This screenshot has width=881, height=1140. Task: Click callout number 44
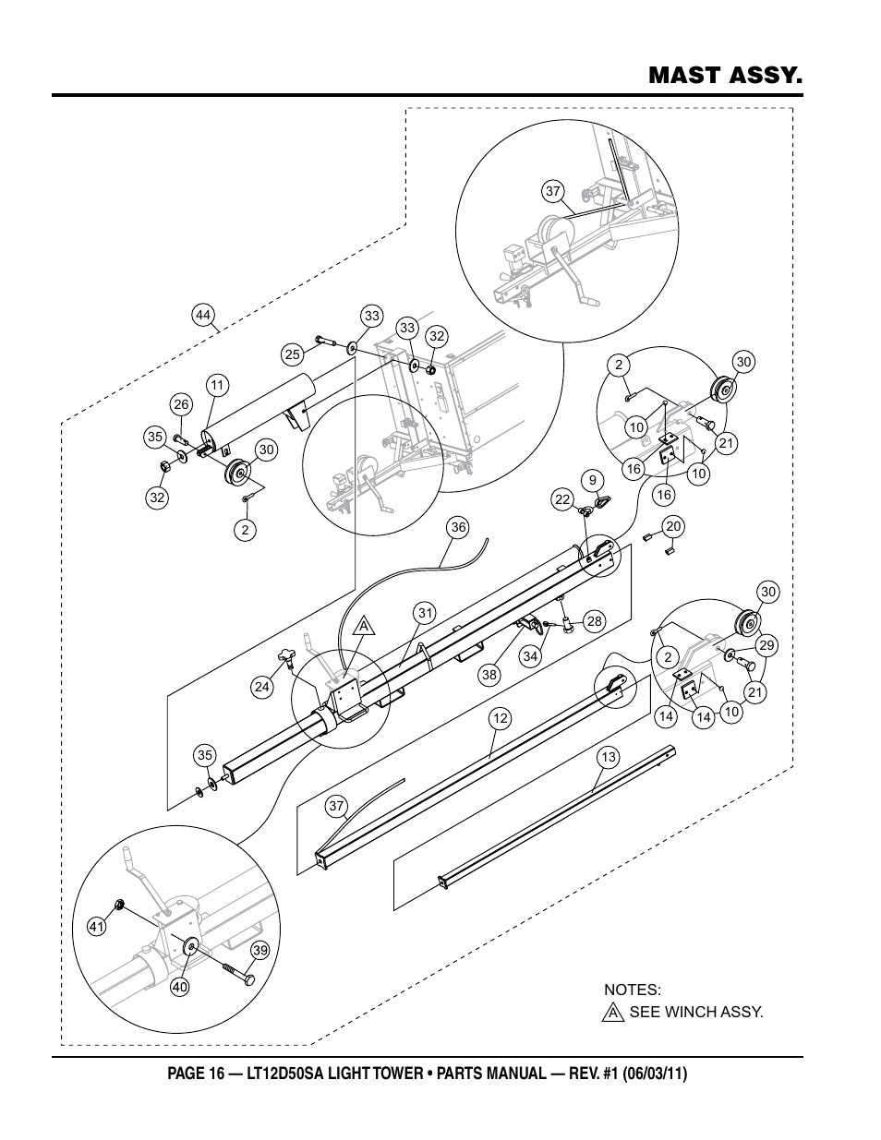[203, 315]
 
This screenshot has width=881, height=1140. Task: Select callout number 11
[217, 385]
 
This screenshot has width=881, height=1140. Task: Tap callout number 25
[293, 354]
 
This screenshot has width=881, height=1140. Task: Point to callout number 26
[181, 403]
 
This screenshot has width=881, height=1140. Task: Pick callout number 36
[458, 527]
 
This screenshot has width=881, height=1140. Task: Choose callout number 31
[424, 612]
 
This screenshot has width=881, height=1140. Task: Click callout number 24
[262, 686]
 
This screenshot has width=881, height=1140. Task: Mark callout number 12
[500, 718]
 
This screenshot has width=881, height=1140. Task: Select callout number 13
[608, 758]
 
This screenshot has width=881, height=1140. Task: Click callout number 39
[259, 951]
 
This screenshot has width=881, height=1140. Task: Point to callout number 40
[180, 987]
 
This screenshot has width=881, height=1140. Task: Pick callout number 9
[592, 479]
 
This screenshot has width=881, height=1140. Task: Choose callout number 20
[673, 526]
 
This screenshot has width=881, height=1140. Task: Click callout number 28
[594, 621]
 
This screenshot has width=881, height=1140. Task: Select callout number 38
[489, 675]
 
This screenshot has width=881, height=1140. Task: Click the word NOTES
[632, 990]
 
